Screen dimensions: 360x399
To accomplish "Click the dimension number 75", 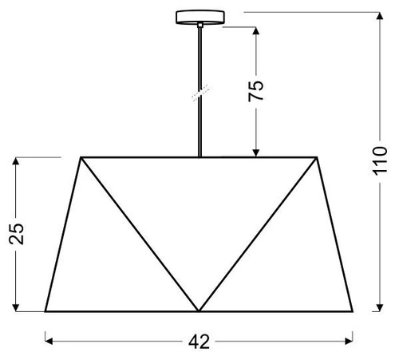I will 255,91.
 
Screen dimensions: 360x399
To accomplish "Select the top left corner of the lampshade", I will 81,157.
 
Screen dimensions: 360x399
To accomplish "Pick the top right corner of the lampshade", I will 317,157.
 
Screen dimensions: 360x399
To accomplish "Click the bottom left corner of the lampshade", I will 45,311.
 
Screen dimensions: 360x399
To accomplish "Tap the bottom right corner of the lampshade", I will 353,311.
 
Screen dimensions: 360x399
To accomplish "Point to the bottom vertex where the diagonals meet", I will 199,311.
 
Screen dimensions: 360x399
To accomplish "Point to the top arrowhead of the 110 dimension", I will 378,15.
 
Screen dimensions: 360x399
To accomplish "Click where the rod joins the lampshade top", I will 198,156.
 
